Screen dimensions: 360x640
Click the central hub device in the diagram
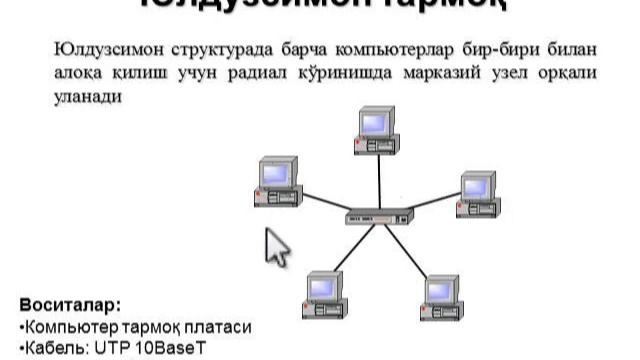click(379, 217)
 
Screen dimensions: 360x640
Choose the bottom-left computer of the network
click(325, 294)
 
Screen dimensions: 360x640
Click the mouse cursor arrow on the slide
click(275, 246)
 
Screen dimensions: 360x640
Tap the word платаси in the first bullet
click(216, 327)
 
